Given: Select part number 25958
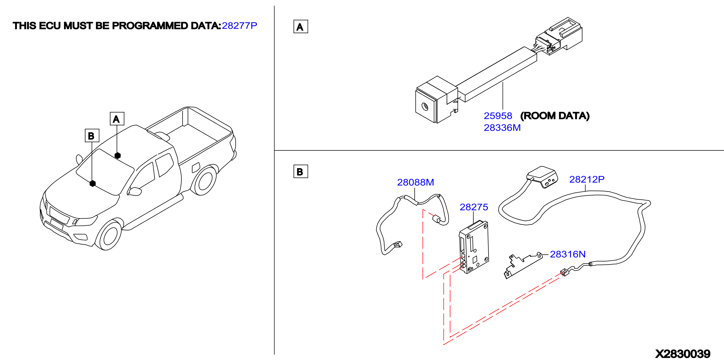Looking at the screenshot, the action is tap(498, 116).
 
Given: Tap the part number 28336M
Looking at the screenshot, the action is tap(502, 128).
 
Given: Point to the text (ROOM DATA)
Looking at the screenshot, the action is tap(555, 116).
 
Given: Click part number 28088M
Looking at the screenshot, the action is tap(415, 182).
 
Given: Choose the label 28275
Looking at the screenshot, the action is tap(474, 207).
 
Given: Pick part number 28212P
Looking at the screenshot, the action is tap(587, 179).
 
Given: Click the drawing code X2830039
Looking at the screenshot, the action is tap(683, 353).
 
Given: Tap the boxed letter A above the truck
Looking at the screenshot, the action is tap(117, 119).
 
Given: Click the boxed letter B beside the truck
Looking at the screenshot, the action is tap(92, 136).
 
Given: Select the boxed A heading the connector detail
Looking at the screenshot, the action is tap(301, 26).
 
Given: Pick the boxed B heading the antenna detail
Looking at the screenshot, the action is tap(301, 171).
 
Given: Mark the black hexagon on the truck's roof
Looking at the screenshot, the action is tap(118, 155).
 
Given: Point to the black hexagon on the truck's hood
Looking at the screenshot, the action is tap(92, 183).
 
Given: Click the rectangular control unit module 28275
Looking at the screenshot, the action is tap(474, 247).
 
